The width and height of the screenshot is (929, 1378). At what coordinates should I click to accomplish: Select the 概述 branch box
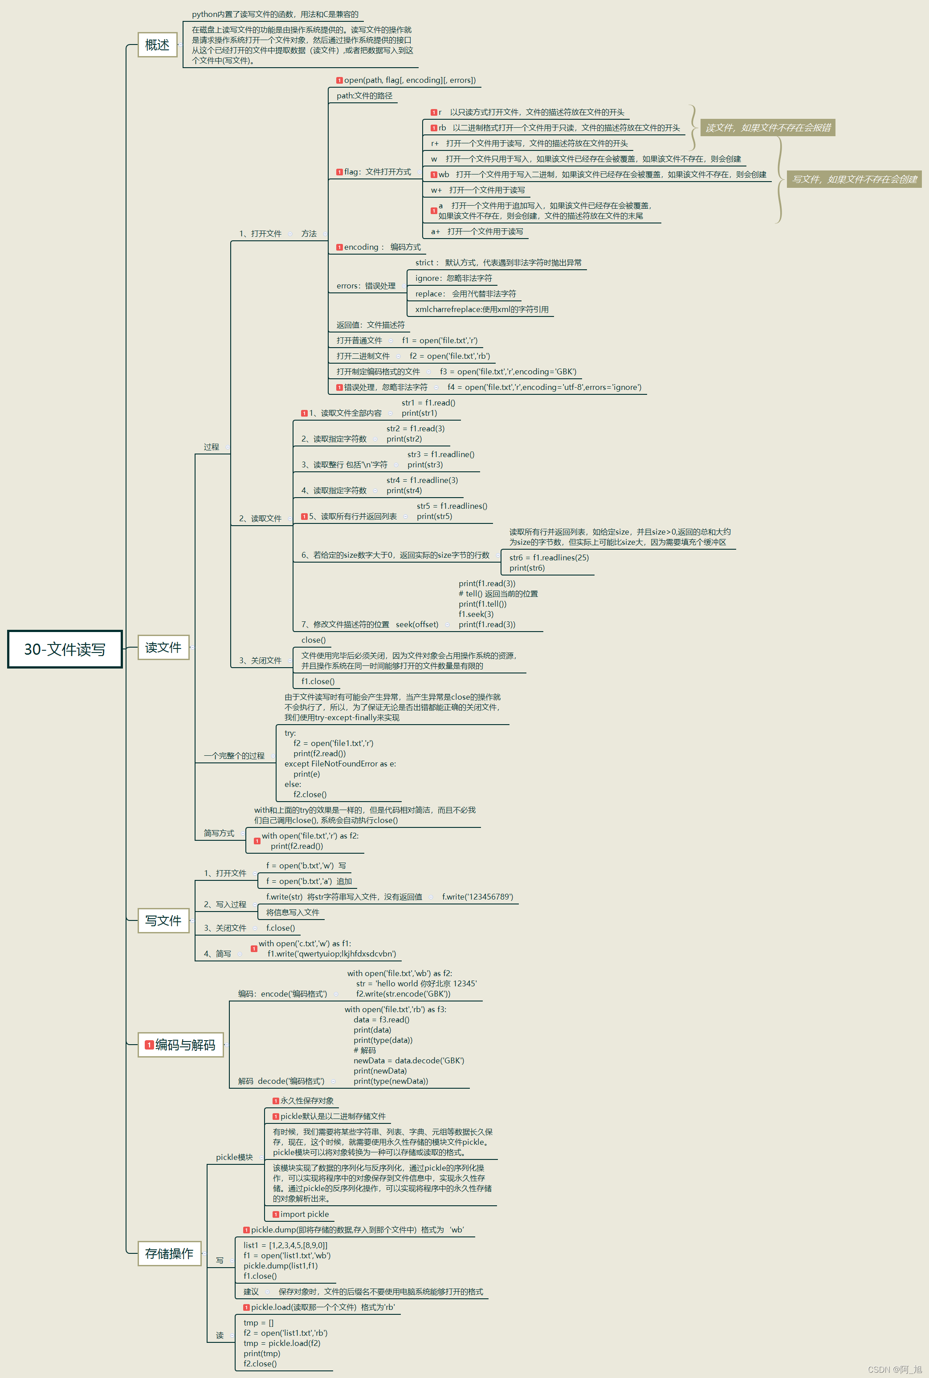click(x=157, y=45)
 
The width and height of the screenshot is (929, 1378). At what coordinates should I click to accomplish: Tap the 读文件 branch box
click(x=163, y=647)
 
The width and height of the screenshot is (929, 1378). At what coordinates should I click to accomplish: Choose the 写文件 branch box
click(x=163, y=920)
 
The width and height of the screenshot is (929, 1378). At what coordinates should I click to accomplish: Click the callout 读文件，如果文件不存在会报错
click(x=768, y=127)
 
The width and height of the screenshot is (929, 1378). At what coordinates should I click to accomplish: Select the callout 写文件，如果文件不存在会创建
click(x=854, y=179)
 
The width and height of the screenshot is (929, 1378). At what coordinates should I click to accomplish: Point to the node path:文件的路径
click(x=364, y=95)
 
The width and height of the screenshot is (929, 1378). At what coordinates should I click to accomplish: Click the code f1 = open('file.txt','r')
click(x=439, y=340)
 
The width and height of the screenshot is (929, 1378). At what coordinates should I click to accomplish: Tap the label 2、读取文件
click(x=260, y=518)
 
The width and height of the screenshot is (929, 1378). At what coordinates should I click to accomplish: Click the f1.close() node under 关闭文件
click(x=318, y=681)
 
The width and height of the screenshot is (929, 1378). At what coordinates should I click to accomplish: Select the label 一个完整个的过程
click(x=234, y=756)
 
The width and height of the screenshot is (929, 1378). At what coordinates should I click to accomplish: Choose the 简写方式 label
click(x=219, y=833)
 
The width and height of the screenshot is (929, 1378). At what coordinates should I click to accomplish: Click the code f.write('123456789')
click(x=477, y=896)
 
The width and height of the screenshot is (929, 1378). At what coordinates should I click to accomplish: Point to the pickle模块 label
click(x=234, y=1156)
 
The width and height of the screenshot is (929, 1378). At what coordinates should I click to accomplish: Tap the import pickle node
click(x=304, y=1214)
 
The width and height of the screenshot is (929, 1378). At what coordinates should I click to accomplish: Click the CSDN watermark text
click(x=894, y=1369)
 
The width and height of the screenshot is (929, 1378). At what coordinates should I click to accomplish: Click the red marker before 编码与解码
click(x=149, y=1045)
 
